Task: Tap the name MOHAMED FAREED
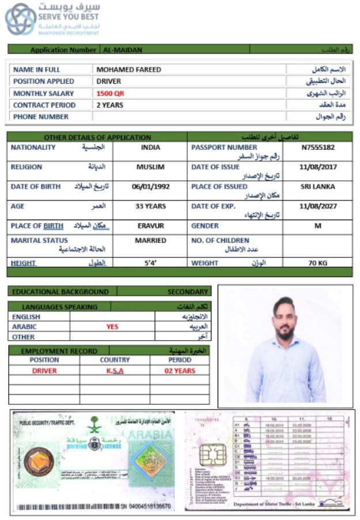(x=128, y=70)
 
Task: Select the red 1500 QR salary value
(x=110, y=93)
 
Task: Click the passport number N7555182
(x=317, y=148)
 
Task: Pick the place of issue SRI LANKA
(x=317, y=187)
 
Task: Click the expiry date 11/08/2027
(x=317, y=206)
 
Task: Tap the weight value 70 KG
(x=317, y=263)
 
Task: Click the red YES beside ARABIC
(x=112, y=326)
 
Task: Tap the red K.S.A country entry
(x=115, y=371)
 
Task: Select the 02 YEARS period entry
(x=180, y=371)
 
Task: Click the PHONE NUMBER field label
(x=41, y=117)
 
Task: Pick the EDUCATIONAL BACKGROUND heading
(x=60, y=292)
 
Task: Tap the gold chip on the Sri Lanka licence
(x=210, y=455)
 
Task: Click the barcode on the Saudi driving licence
(x=81, y=507)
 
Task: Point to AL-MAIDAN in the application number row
(x=122, y=50)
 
